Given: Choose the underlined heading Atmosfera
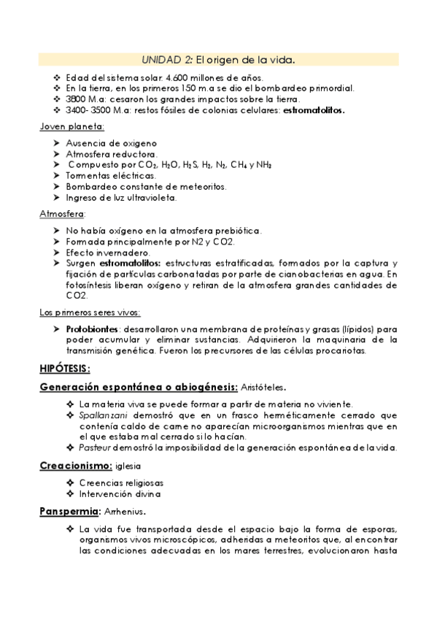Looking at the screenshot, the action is [x=61, y=215].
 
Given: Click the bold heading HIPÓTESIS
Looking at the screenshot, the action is [x=64, y=367].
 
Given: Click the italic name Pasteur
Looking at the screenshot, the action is [x=94, y=447].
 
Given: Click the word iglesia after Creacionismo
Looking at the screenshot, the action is [x=128, y=466].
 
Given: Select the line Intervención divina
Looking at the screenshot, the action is [x=119, y=493].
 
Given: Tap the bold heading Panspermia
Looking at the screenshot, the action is [x=69, y=511].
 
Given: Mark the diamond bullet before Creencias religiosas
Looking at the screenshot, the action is [x=69, y=482].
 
